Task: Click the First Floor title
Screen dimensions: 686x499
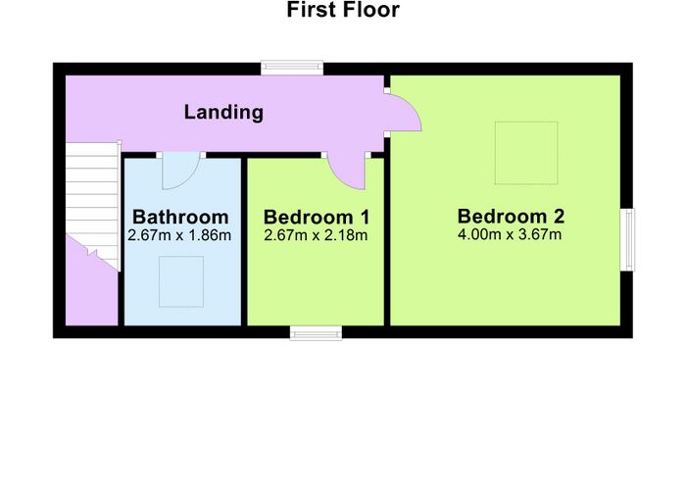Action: [343, 10]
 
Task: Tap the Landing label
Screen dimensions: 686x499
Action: [223, 112]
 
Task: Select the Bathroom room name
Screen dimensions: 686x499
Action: [180, 217]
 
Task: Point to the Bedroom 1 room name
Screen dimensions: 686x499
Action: [317, 217]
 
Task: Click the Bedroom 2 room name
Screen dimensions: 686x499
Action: [511, 217]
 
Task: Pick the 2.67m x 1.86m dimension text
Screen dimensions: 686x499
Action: [179, 235]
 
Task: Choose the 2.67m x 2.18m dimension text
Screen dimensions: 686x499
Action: [316, 235]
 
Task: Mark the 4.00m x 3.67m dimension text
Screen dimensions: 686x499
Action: [510, 234]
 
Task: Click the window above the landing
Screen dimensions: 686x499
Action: [292, 68]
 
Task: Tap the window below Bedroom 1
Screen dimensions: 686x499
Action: [316, 333]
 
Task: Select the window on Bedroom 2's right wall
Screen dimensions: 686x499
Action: [627, 239]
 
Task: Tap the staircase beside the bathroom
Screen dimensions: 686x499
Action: [92, 201]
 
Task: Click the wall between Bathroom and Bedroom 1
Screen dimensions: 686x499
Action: [244, 241]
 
